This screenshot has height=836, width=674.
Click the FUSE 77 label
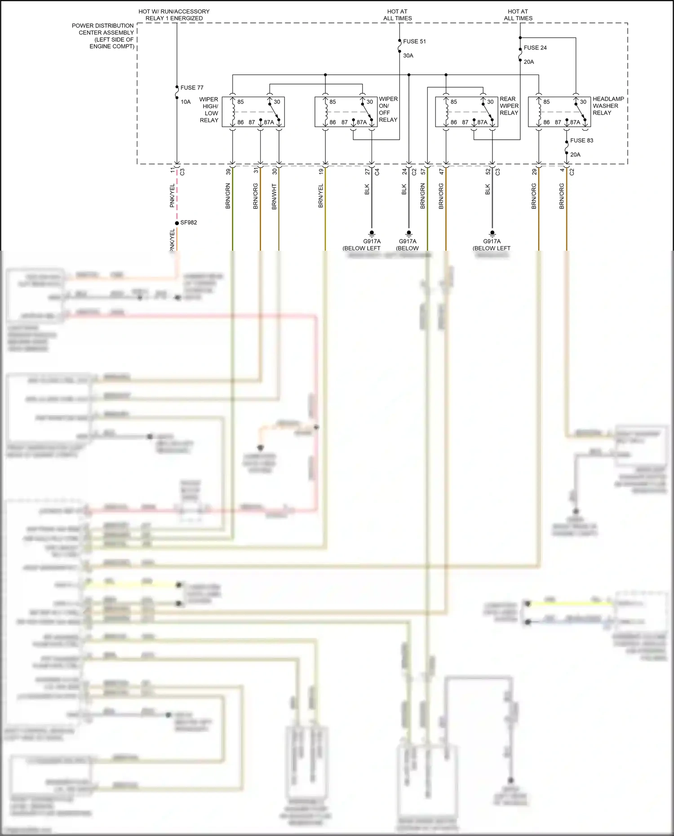191,88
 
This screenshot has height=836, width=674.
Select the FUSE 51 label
414,41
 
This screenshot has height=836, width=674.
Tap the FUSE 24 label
535,48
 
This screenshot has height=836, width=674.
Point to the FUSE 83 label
581,141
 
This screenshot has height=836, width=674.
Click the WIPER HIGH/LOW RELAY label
209,110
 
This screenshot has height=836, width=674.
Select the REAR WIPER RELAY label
509,106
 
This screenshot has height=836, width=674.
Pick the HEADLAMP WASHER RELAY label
608,106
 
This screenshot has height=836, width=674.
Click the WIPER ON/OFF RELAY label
388,109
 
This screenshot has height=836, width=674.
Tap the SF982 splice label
188,222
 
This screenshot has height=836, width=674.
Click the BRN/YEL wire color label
321,196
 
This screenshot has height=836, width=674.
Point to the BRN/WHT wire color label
274,196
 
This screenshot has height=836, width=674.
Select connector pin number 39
228,172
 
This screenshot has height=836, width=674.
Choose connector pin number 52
488,172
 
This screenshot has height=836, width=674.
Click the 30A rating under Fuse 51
408,56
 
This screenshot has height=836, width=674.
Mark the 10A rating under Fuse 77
186,102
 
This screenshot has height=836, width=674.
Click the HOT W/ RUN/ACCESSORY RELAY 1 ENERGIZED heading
174,15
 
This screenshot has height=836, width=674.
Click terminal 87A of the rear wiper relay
482,122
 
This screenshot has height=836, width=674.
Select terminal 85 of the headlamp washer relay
546,102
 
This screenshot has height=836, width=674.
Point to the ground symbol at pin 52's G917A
492,234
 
